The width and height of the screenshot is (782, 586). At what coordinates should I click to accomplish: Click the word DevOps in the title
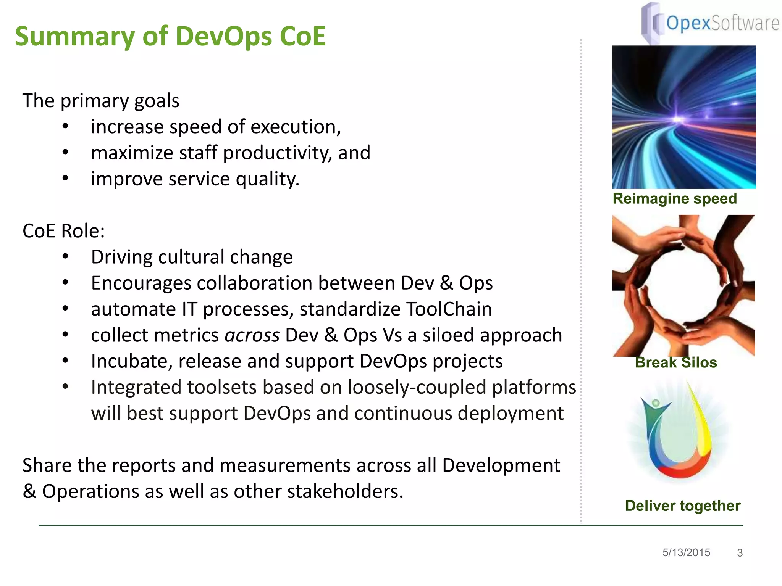tap(224, 37)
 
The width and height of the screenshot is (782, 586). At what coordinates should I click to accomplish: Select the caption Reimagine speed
tap(675, 199)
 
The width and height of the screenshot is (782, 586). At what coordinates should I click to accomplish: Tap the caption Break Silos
tap(676, 362)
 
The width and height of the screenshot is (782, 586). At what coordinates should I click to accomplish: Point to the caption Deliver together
tap(682, 506)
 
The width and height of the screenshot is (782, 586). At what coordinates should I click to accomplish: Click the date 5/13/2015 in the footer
tap(686, 552)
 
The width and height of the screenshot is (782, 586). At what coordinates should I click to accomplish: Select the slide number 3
tap(740, 553)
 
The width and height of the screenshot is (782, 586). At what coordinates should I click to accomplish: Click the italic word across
tap(252, 335)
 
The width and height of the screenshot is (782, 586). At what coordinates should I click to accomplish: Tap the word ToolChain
tap(449, 309)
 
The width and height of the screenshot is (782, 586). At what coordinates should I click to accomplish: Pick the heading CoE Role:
tap(63, 231)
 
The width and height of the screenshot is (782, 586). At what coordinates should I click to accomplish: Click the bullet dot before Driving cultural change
tap(65, 257)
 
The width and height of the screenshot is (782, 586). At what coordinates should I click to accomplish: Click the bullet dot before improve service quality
tap(65, 179)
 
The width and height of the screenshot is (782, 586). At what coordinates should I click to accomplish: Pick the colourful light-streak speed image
tap(684, 117)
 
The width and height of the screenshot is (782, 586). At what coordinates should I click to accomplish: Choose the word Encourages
tap(141, 283)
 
